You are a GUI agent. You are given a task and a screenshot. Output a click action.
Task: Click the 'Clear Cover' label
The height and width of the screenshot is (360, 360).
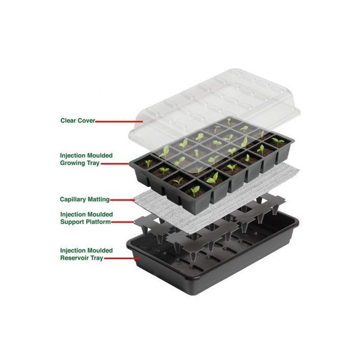tap(78, 120)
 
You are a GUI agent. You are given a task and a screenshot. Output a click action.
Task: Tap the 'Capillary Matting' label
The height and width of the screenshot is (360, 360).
tap(85, 200)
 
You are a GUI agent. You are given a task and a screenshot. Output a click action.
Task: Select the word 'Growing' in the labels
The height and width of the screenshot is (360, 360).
tap(73, 163)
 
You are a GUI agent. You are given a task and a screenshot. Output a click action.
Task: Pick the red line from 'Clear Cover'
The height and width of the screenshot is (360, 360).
tap(119, 121)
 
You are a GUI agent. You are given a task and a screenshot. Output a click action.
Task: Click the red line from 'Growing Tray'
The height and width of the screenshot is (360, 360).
tap(115, 164)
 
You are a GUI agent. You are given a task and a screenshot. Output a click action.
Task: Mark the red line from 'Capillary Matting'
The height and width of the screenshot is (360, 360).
tap(122, 200)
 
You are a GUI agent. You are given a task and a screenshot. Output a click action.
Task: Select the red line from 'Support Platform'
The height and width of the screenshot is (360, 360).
tap(122, 222)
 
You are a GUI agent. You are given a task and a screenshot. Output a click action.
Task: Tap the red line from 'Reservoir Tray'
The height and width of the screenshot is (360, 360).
tap(122, 258)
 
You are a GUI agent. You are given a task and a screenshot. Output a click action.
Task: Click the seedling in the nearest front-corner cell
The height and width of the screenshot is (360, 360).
tap(195, 191)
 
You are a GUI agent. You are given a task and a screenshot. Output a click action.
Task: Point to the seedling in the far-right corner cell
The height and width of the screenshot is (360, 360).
tap(278, 141)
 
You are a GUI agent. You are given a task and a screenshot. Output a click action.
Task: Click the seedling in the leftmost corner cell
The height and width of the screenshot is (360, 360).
tap(148, 163)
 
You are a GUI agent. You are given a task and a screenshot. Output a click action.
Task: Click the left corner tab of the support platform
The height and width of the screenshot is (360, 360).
tap(140, 222)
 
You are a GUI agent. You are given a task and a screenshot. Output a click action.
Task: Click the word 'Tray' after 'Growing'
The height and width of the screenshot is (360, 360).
tap(93, 163)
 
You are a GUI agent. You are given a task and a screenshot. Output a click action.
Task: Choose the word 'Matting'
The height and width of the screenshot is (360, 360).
tap(98, 200)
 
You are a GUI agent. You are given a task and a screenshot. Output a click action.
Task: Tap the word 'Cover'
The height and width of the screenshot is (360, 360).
tap(86, 120)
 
